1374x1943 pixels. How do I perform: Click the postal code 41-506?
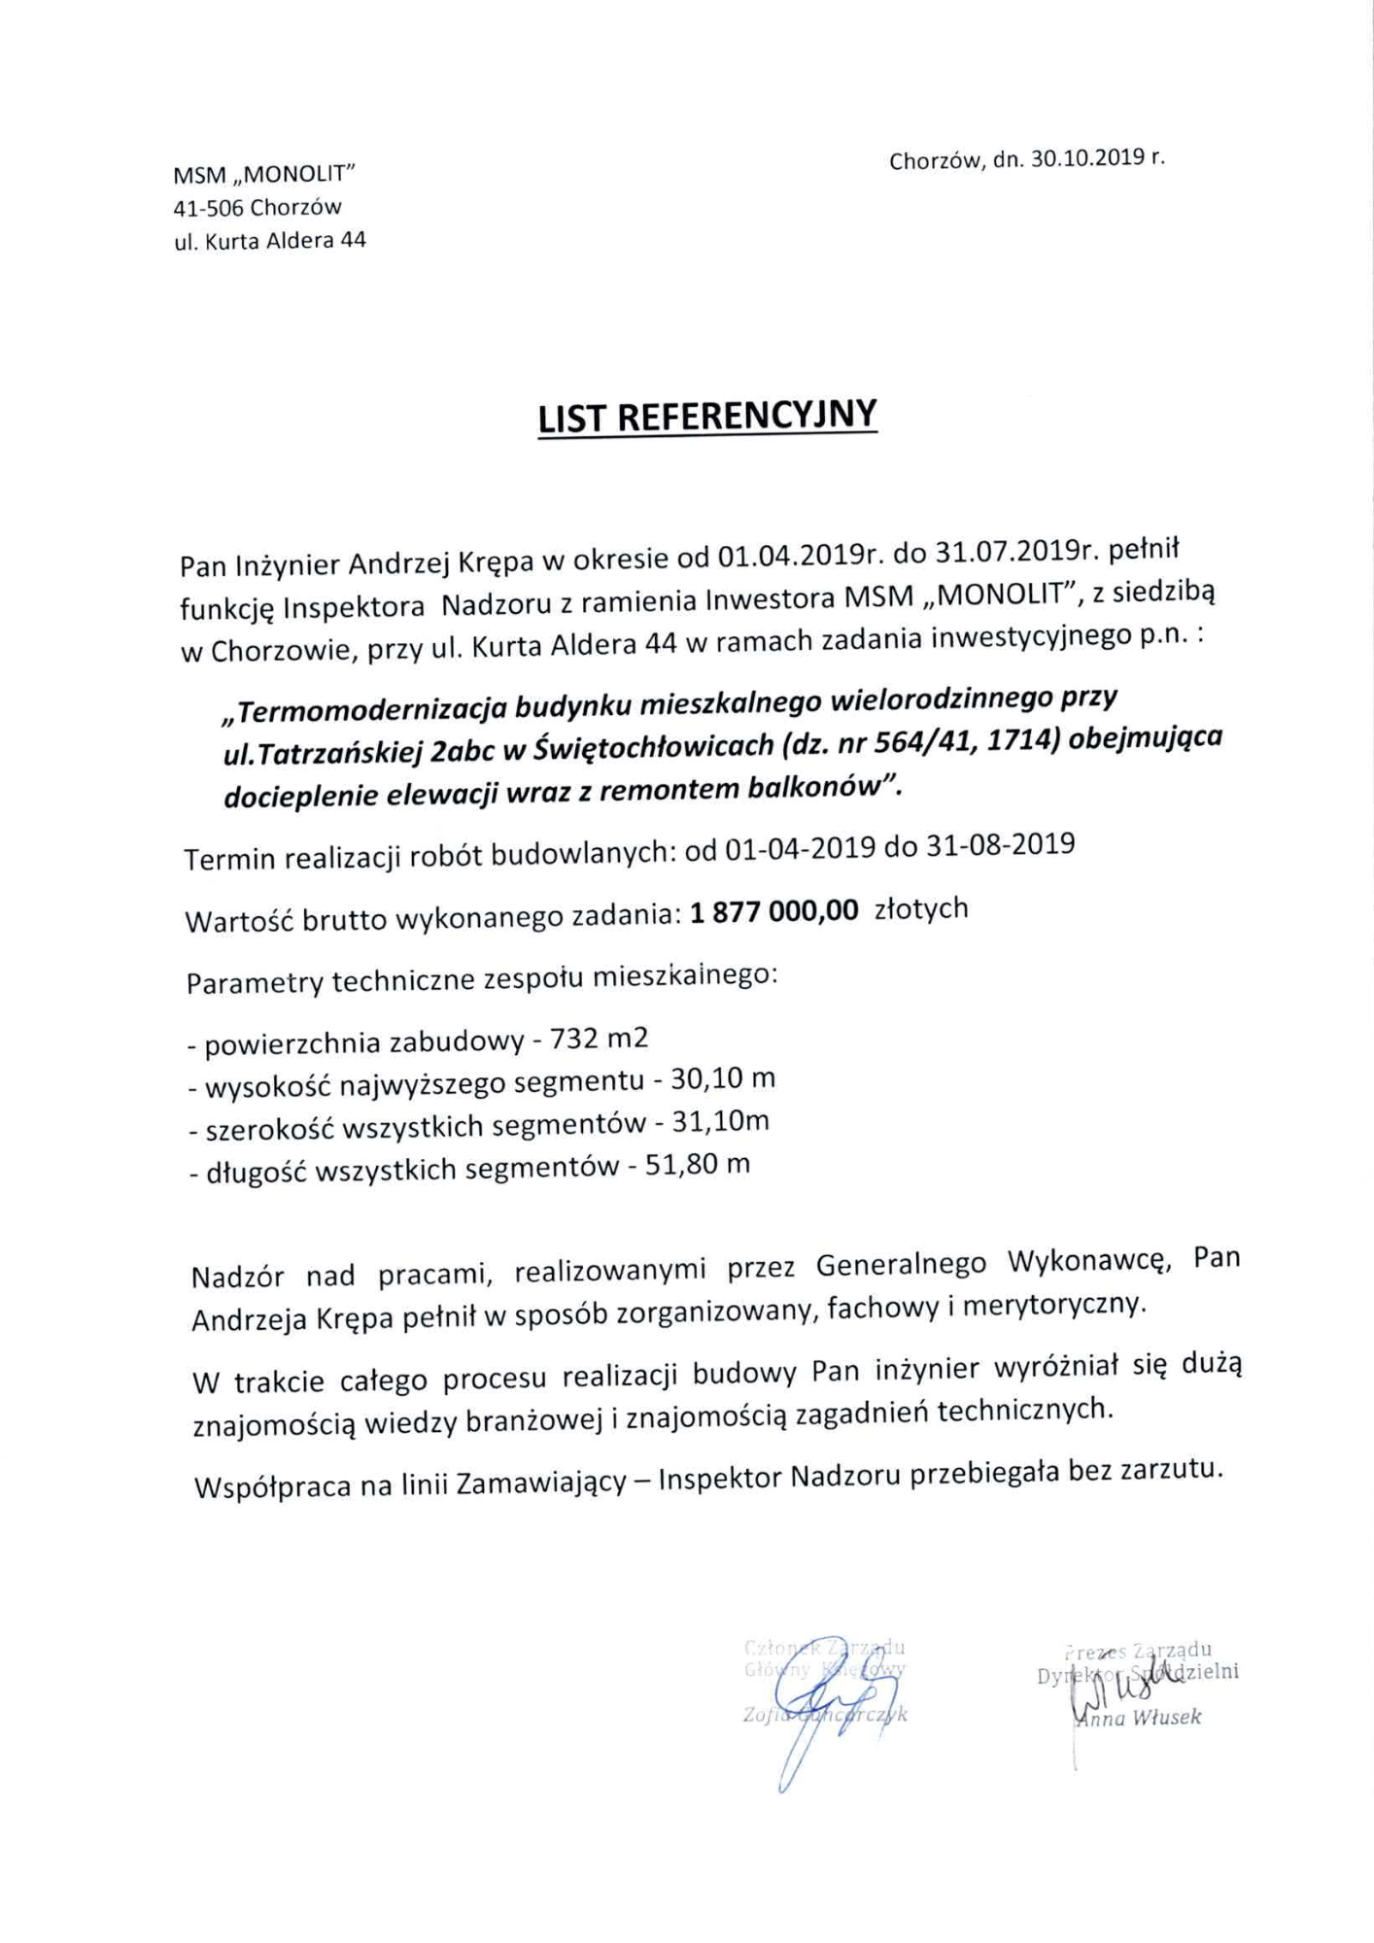click(x=208, y=208)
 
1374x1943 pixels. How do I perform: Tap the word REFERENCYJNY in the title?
click(x=746, y=416)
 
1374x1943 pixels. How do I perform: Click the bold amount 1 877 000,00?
click(x=774, y=911)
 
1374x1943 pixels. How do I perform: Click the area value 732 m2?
click(x=599, y=1040)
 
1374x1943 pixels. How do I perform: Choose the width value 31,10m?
click(x=720, y=1122)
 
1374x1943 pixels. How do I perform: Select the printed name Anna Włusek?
click(x=1138, y=1718)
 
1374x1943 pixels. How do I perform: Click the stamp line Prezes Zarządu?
click(x=1138, y=1650)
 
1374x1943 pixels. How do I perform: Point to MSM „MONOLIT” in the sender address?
click(x=264, y=175)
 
